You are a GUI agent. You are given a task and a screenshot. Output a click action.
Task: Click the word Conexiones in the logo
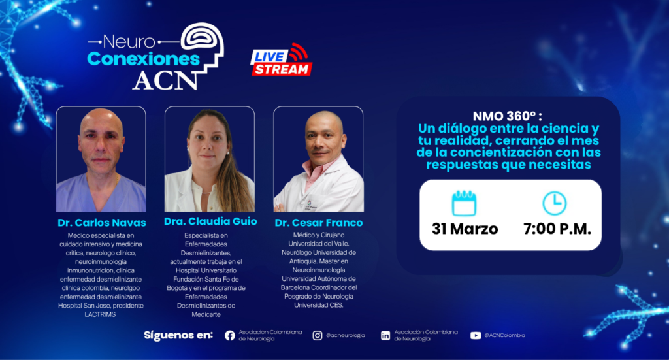[x=143, y=59]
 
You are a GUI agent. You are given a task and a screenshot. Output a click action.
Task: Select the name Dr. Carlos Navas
[x=101, y=223]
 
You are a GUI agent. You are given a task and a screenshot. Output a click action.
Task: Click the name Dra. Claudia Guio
[x=210, y=221]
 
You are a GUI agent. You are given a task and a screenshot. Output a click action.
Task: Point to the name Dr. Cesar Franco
[x=319, y=223]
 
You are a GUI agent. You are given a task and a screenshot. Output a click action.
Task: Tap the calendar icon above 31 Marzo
[x=464, y=203]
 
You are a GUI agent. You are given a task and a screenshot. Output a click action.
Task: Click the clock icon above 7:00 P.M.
[x=554, y=203]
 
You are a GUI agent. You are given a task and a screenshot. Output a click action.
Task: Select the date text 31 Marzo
[x=465, y=229]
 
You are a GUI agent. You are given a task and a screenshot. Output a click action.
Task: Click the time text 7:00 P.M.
[x=557, y=229]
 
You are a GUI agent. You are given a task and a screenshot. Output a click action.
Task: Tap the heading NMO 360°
[x=507, y=116]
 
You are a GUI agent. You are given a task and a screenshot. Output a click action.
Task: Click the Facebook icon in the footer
[x=229, y=336]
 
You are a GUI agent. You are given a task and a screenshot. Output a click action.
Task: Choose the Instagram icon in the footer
[x=317, y=336]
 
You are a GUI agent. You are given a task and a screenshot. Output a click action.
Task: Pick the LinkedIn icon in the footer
[x=385, y=336]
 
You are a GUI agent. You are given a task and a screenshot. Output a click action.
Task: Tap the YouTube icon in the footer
[x=476, y=336]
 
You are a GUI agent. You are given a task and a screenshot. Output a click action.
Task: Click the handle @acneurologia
[x=346, y=335]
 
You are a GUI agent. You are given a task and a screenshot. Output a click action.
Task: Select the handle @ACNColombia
[x=505, y=335]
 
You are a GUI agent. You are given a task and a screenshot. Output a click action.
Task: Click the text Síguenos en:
[x=178, y=335]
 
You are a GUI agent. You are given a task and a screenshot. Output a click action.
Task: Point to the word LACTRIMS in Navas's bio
[x=100, y=314]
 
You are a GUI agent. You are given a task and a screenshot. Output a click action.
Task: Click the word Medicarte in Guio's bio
[x=206, y=314]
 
